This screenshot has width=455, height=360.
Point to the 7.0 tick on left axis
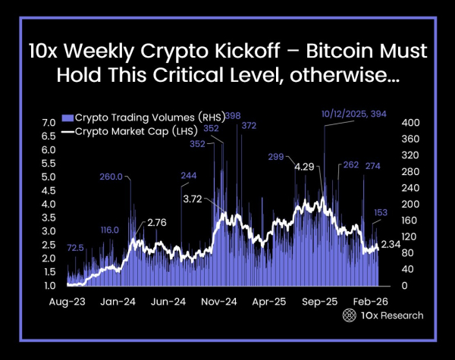point(49,123)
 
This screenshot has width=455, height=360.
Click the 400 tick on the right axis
point(410,123)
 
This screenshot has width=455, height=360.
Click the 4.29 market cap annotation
point(304,166)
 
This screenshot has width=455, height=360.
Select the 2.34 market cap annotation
point(390,244)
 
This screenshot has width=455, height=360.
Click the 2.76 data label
point(156,222)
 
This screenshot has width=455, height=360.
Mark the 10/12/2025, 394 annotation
point(354,114)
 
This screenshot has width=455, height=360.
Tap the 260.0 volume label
point(111,177)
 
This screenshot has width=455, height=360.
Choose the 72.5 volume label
point(75,248)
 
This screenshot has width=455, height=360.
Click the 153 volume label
point(381,212)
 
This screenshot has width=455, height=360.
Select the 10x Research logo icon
point(350,315)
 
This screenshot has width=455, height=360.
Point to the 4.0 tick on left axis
point(49,204)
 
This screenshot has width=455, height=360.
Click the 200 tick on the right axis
point(410,205)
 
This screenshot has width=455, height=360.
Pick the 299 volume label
point(276,157)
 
